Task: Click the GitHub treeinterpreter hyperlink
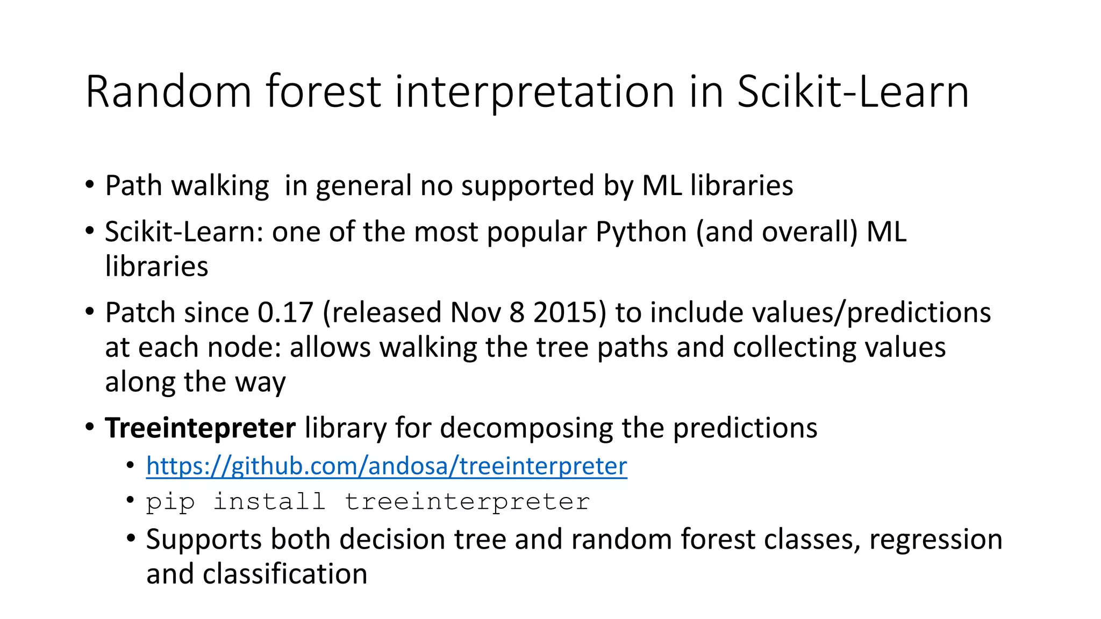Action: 387,466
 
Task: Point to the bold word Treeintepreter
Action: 200,428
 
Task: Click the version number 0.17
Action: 285,313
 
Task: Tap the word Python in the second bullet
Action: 641,232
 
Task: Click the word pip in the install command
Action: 170,502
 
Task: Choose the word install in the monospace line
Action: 269,502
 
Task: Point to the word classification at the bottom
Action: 285,574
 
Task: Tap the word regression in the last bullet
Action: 935,539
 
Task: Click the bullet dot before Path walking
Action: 90,185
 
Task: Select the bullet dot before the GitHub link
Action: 131,465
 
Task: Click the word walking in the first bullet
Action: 220,186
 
